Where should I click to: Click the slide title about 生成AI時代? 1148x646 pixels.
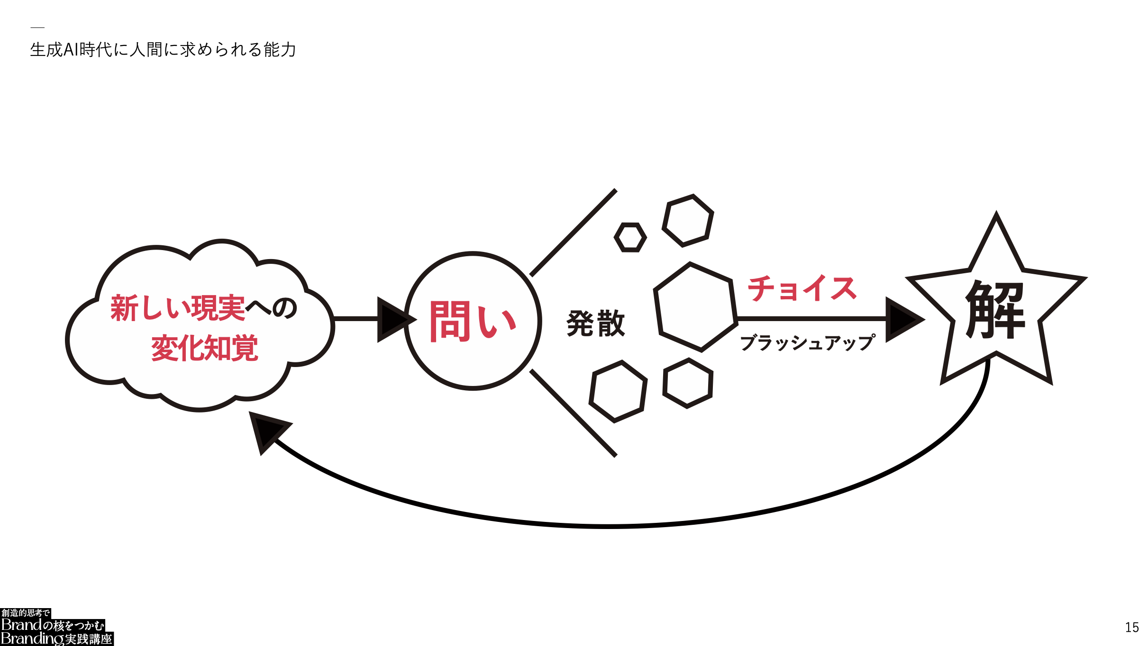(x=163, y=50)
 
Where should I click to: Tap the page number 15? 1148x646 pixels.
(x=1132, y=628)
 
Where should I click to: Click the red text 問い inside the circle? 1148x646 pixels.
(x=473, y=322)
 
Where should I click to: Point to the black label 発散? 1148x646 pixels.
(x=596, y=323)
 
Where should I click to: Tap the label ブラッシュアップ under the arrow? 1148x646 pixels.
(x=808, y=342)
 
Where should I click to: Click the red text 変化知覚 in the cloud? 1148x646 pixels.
(x=205, y=348)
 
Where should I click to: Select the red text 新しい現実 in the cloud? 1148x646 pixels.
(x=178, y=308)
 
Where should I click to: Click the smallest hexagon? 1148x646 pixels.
(x=630, y=237)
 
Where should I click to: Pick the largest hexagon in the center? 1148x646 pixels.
(x=696, y=307)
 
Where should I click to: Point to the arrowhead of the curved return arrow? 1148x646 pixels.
(x=268, y=431)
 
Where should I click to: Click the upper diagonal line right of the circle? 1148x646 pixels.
(x=573, y=233)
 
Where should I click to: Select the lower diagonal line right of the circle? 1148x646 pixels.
(x=573, y=413)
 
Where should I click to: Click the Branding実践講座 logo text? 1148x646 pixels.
(x=56, y=639)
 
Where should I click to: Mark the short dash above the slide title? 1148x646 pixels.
(x=37, y=27)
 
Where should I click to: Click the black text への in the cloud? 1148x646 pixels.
(x=272, y=308)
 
